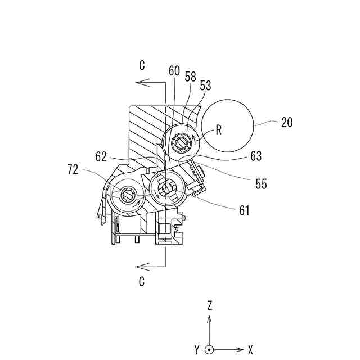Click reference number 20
[287, 122]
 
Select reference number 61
[244, 210]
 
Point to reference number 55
[260, 184]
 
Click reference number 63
[255, 157]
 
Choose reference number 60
[174, 71]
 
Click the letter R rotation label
[218, 130]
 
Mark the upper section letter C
[142, 66]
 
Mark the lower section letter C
[142, 280]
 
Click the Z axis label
[209, 306]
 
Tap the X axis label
[250, 350]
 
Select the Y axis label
[197, 350]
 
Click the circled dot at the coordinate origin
[209, 349]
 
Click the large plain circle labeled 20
[227, 125]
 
